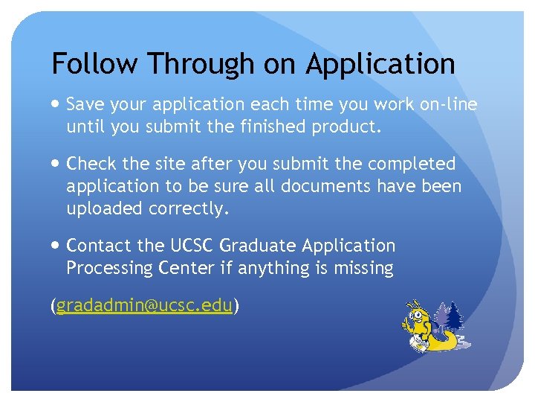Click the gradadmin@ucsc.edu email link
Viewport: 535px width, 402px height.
coord(144,305)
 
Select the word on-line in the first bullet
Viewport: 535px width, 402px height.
coord(448,105)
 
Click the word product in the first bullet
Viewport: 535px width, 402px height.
coord(349,127)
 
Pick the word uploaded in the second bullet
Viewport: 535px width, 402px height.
coord(105,209)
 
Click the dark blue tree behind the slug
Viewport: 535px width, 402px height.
coord(453,316)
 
